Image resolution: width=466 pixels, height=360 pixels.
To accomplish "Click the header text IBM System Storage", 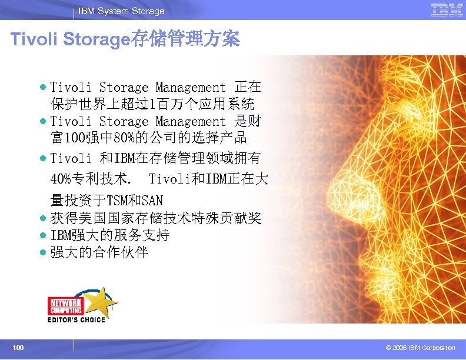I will coord(121,11).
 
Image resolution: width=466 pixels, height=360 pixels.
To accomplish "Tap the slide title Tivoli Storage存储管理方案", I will coord(125,40).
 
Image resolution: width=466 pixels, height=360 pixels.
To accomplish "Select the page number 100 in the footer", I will coord(18,348).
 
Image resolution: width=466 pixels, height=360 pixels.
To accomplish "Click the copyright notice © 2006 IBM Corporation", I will coord(416,348).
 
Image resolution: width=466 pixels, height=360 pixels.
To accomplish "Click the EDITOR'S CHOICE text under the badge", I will coord(76,320).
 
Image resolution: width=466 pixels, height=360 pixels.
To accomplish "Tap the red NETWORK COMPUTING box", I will coord(65,305).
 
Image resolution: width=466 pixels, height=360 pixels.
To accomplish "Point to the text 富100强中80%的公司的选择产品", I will coord(148,139).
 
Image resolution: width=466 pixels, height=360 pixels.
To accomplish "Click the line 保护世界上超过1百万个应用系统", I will coord(152,105).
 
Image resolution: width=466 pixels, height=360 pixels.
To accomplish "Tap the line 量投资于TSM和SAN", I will coord(106,201).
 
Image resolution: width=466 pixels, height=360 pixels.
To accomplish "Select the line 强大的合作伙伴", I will coord(99,253).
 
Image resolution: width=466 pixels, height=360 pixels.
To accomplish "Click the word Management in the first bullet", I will coord(190,88).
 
